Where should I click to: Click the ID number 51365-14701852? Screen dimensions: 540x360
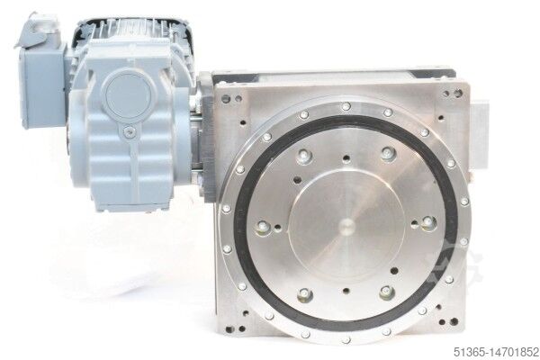[x=496, y=352]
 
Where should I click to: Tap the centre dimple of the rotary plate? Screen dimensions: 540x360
[x=346, y=226]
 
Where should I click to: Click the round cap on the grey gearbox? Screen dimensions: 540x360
[x=126, y=94]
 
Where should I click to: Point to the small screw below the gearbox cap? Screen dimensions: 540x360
[x=129, y=130]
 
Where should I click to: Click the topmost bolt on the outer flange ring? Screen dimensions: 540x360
[x=346, y=106]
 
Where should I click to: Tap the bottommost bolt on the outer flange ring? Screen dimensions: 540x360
[x=346, y=340]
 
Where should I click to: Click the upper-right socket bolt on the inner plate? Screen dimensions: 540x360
[x=388, y=153]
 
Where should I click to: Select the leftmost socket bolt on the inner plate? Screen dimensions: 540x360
[x=263, y=226]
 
